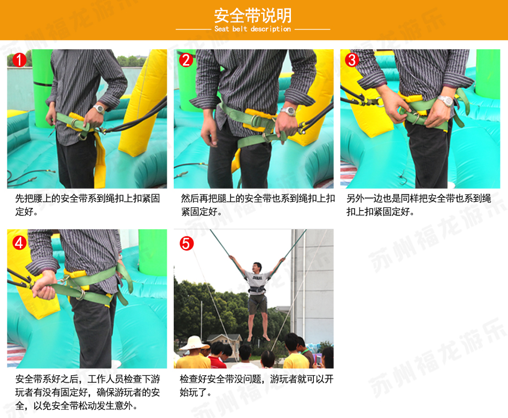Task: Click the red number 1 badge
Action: click(x=19, y=60)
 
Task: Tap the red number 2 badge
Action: click(x=186, y=60)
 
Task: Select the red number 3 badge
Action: click(x=352, y=60)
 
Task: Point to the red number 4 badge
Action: click(x=19, y=243)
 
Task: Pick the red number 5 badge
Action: click(x=187, y=244)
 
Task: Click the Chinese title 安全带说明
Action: click(x=253, y=15)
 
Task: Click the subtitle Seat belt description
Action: click(x=253, y=29)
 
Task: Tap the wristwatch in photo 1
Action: click(x=99, y=109)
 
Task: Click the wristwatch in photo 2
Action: click(x=288, y=111)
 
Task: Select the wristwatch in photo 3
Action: click(x=445, y=100)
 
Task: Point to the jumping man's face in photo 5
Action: click(x=257, y=268)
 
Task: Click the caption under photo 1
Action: click(x=88, y=205)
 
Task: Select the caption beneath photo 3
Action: click(x=419, y=205)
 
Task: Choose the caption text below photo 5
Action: click(x=257, y=385)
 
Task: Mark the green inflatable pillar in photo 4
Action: click(x=152, y=252)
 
